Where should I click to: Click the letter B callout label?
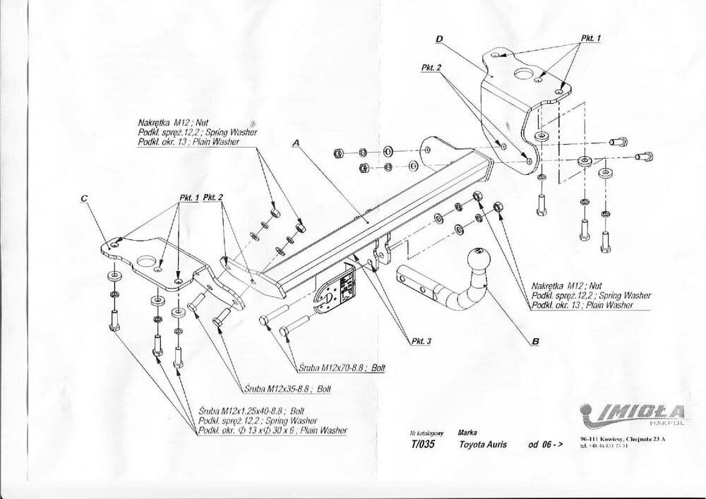(535, 342)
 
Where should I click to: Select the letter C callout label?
(84, 198)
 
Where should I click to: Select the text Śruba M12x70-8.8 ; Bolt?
(340, 367)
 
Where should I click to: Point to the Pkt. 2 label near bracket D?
(431, 67)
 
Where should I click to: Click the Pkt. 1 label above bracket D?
(590, 37)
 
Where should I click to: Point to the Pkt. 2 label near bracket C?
(213, 198)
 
